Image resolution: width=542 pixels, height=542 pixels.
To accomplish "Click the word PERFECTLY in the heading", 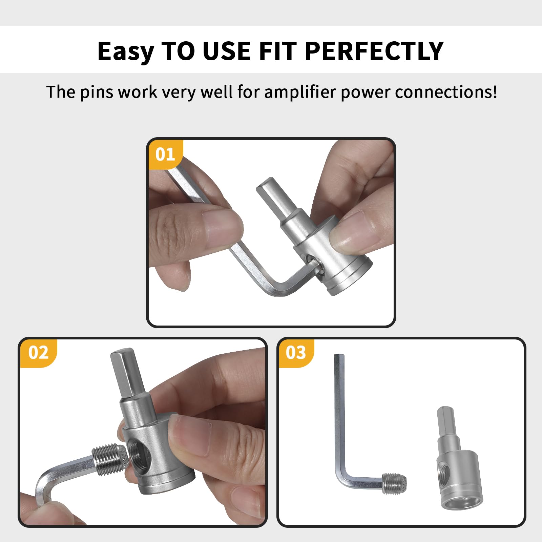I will point(374,51).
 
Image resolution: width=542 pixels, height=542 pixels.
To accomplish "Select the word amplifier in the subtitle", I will point(299,92).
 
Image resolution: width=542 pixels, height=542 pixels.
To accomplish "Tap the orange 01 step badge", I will point(165,154).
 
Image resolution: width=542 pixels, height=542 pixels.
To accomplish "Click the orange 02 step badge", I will point(38,353).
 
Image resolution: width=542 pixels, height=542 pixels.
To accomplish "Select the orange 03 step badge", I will point(295,353).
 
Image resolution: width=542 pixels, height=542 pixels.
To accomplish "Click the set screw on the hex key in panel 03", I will point(395,484).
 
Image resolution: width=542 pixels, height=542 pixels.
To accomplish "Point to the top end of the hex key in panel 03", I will point(339,357).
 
